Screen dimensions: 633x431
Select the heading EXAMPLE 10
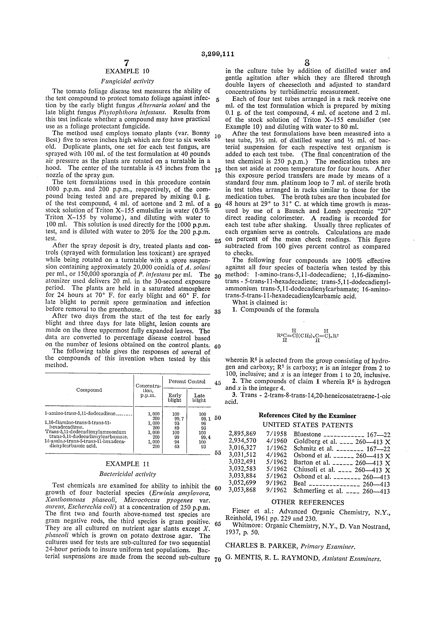coord(127,71)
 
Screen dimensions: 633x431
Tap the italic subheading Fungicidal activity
coord(127,81)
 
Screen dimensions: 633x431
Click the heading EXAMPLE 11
coord(127,464)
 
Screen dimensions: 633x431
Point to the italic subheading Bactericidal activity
coord(127,474)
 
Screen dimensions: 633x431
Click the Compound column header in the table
coord(89,390)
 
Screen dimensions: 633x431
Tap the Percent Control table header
coord(187,382)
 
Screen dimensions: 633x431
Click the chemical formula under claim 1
coord(307,336)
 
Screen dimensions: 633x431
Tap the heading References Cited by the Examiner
coord(307,416)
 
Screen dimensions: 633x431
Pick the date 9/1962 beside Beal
coord(276,483)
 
